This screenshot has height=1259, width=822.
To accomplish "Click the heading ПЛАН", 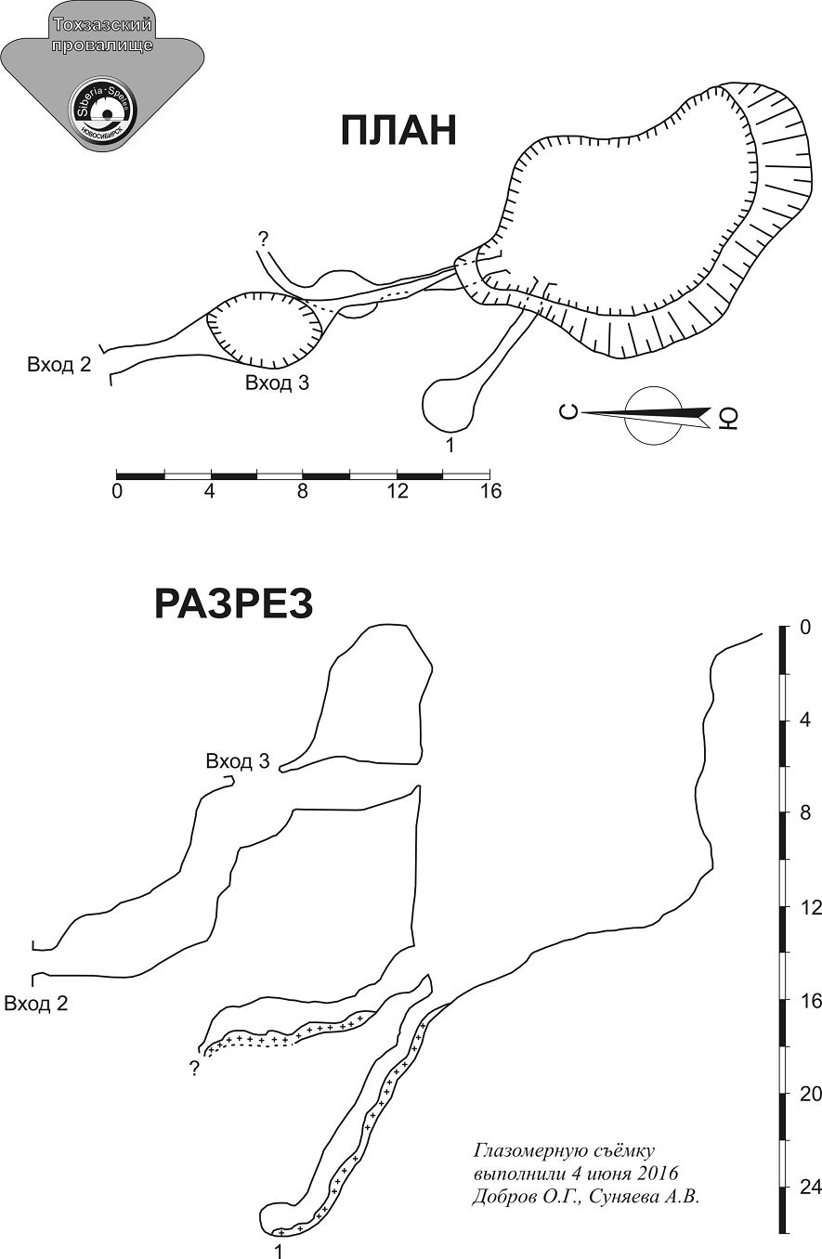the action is pyautogui.click(x=398, y=130).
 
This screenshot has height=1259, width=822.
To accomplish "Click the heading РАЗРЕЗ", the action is pyautogui.click(x=233, y=604).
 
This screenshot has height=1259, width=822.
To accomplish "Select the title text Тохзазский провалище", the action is pyautogui.click(x=103, y=34).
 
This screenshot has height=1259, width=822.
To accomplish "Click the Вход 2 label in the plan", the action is pyautogui.click(x=59, y=365).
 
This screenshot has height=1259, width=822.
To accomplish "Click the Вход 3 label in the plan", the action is pyautogui.click(x=277, y=383).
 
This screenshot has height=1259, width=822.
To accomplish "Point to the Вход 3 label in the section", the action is pyautogui.click(x=238, y=761).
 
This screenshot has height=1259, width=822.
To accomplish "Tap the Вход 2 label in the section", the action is pyautogui.click(x=36, y=1004).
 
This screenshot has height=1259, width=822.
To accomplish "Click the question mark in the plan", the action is pyautogui.click(x=263, y=240).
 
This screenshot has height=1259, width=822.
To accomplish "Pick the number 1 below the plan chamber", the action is pyautogui.click(x=450, y=445).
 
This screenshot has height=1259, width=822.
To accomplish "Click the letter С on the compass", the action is pyautogui.click(x=569, y=412).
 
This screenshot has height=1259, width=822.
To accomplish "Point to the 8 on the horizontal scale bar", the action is pyautogui.click(x=303, y=491).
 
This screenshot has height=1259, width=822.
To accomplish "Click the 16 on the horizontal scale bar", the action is pyautogui.click(x=490, y=491).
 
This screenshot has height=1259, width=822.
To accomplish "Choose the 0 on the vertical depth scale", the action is pyautogui.click(x=805, y=628).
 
